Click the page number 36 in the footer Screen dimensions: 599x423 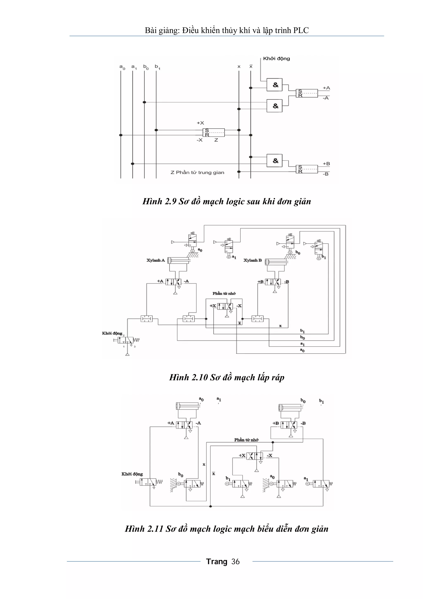(235, 561)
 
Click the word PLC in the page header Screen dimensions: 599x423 (301, 31)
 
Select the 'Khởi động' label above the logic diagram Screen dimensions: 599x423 (276, 58)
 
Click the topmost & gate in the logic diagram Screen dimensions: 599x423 (274, 85)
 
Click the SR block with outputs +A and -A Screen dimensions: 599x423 (307, 93)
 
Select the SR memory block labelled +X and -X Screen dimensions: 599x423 (213, 132)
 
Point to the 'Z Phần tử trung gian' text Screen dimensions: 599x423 (197, 172)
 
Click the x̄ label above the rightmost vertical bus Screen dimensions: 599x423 (251, 67)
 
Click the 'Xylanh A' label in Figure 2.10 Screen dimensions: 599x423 (156, 260)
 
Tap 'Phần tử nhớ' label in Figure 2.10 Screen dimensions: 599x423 (224, 293)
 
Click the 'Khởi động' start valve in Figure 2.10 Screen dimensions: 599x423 (127, 340)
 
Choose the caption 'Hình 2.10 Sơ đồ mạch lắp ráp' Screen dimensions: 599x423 (227, 377)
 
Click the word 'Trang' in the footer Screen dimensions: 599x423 (217, 561)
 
